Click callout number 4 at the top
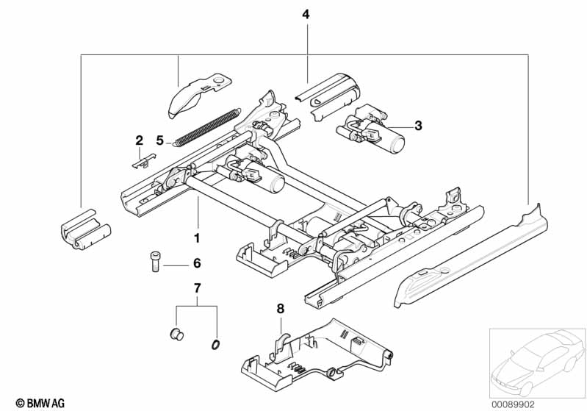coord(306,15)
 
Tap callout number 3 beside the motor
coord(418,126)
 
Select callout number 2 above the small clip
coord(140,141)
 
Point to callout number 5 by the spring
coord(160,141)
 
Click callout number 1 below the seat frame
coord(197,238)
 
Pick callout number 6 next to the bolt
coord(197,263)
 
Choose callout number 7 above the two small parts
coord(197,288)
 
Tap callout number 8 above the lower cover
coord(281,309)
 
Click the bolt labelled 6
coord(155,262)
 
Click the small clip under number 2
coord(144,161)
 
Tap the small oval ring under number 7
coord(215,345)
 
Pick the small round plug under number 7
coord(177,335)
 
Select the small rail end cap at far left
coord(86,229)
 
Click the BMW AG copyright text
coord(40,403)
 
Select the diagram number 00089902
coord(514,404)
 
